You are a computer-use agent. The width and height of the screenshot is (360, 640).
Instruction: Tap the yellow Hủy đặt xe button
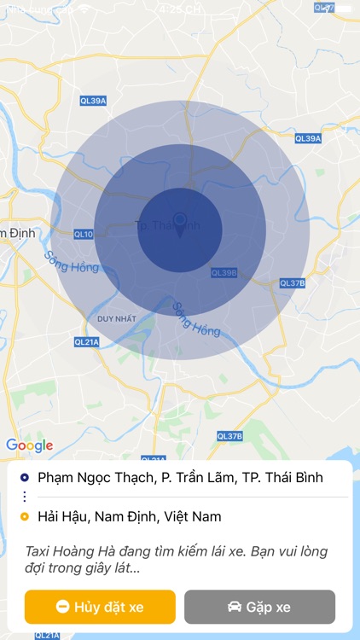click(x=100, y=607)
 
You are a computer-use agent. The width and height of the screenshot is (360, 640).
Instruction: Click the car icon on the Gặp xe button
click(x=234, y=607)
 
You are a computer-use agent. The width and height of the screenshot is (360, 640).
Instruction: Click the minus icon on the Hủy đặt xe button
click(x=62, y=607)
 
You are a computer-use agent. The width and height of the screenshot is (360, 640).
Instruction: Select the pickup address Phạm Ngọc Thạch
click(x=180, y=478)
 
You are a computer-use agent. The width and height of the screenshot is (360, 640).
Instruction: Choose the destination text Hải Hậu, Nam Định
click(x=129, y=516)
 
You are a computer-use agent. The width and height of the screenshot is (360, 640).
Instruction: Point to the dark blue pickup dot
click(x=24, y=478)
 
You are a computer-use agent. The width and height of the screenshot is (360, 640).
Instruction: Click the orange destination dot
click(x=24, y=516)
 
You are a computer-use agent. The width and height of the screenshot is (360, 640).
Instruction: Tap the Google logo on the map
click(x=29, y=445)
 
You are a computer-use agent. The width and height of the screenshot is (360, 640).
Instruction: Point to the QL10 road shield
click(x=84, y=234)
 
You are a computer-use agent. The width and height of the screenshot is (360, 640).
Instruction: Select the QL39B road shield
click(x=224, y=272)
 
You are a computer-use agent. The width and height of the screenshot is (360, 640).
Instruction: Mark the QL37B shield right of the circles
click(x=293, y=282)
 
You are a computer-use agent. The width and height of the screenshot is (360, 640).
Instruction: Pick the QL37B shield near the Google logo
click(x=229, y=436)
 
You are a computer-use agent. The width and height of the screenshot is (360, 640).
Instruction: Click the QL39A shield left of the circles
click(x=93, y=101)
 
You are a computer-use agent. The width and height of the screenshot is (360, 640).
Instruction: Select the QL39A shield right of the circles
click(x=307, y=138)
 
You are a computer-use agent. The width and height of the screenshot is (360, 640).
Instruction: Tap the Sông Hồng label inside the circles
click(x=196, y=318)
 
